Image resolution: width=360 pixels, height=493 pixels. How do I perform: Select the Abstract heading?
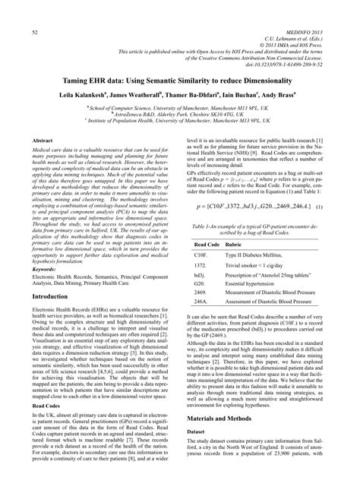tap(43, 141)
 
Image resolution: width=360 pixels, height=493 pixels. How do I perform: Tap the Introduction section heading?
tap(50, 318)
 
